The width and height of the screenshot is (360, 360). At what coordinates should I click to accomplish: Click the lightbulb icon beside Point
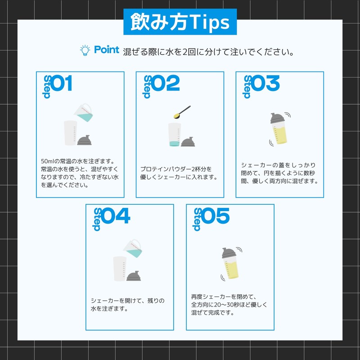tap(85, 50)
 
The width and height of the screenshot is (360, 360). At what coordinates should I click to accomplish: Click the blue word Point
tap(107, 49)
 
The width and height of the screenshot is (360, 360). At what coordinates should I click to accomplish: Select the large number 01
tap(62, 83)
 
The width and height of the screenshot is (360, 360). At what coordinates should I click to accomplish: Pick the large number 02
tap(166, 83)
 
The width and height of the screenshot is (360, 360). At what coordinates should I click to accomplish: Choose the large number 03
tap(265, 83)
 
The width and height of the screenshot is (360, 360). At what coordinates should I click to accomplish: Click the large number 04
tap(116, 216)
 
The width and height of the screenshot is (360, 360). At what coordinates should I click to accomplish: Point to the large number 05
tap(216, 216)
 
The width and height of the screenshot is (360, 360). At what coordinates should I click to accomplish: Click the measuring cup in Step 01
tap(83, 112)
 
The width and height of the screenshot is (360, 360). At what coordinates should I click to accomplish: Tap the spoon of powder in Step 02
tap(182, 112)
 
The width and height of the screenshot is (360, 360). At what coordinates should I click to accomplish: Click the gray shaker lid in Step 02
tap(188, 142)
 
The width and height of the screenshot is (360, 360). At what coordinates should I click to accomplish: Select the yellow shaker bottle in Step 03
tap(279, 128)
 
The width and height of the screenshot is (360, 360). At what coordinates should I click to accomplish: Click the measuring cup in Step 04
tap(133, 248)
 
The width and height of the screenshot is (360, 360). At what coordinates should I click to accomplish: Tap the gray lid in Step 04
tap(134, 276)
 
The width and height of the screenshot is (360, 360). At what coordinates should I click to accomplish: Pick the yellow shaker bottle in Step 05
tap(230, 263)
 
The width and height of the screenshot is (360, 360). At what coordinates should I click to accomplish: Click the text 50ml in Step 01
tap(47, 161)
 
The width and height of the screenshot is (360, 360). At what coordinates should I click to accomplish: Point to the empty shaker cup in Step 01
tap(70, 133)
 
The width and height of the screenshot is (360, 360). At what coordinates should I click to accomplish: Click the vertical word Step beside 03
tap(247, 87)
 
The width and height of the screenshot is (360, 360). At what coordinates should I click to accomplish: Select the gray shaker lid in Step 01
tap(84, 140)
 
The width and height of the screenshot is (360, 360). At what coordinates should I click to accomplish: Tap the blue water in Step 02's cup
tap(174, 144)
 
